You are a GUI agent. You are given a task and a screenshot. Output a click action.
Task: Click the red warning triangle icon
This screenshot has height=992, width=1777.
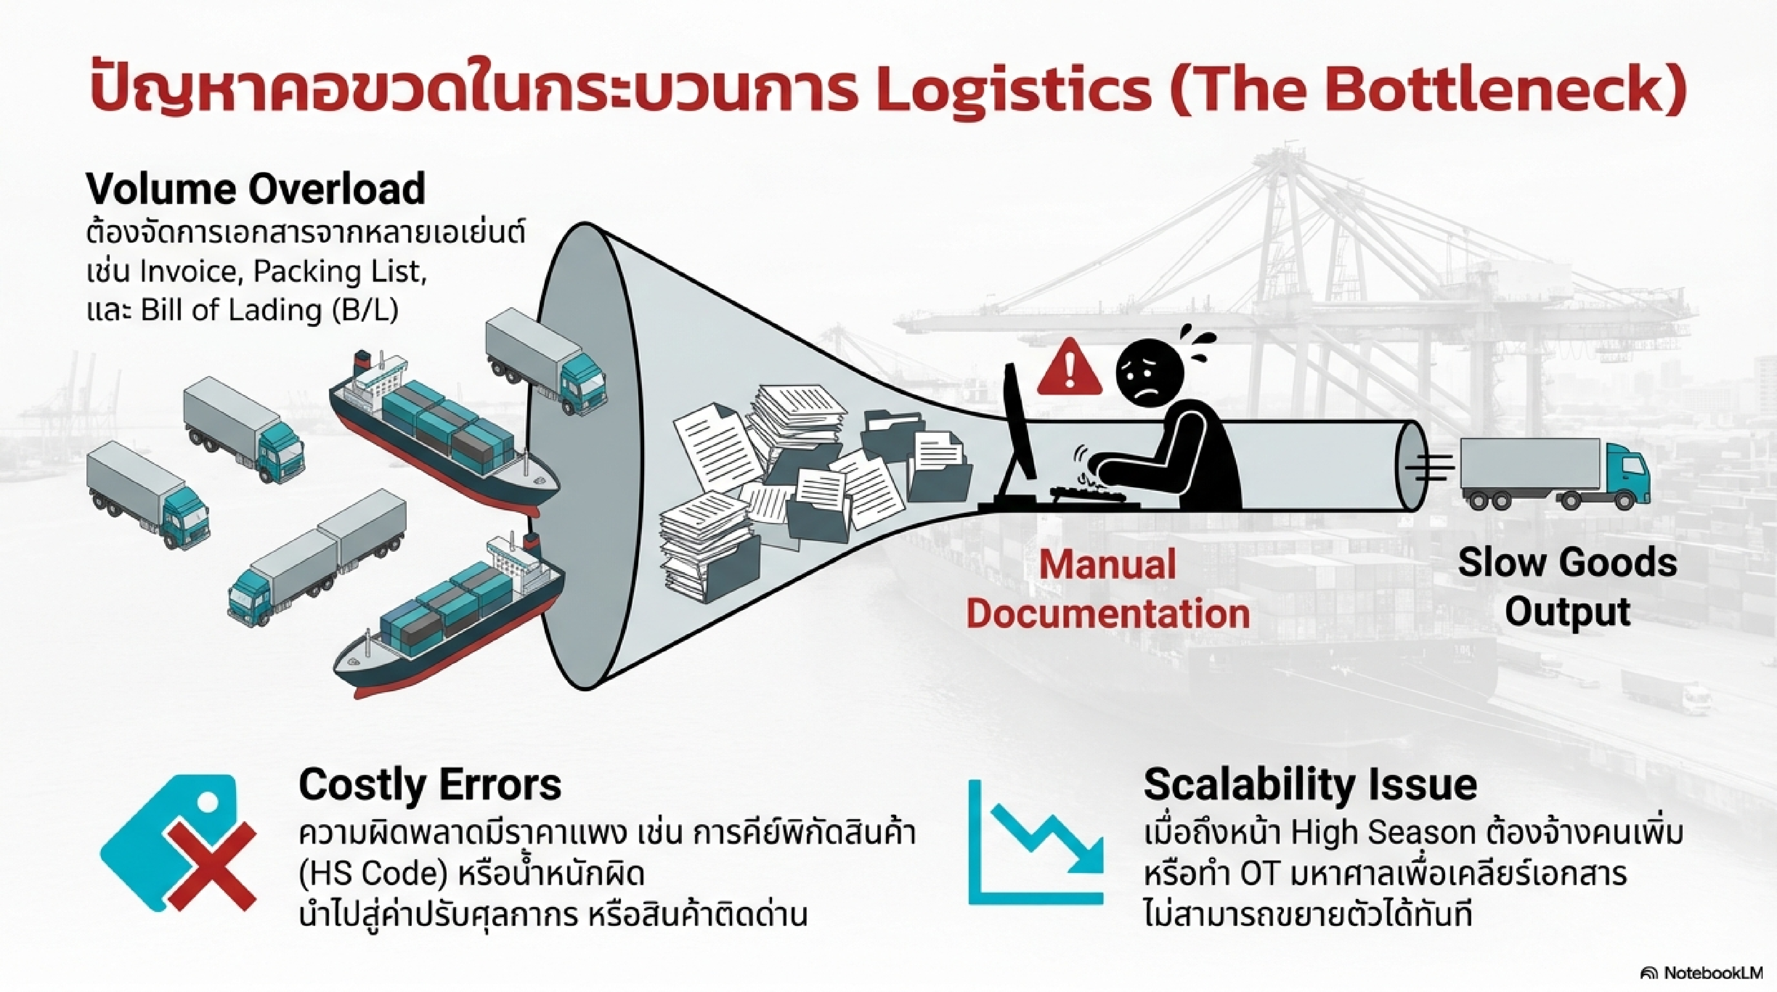tap(1069, 369)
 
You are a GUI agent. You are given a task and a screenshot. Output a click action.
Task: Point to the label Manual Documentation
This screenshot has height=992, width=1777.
tap(1108, 588)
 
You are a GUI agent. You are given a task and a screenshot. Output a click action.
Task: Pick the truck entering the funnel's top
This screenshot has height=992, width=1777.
tap(545, 364)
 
